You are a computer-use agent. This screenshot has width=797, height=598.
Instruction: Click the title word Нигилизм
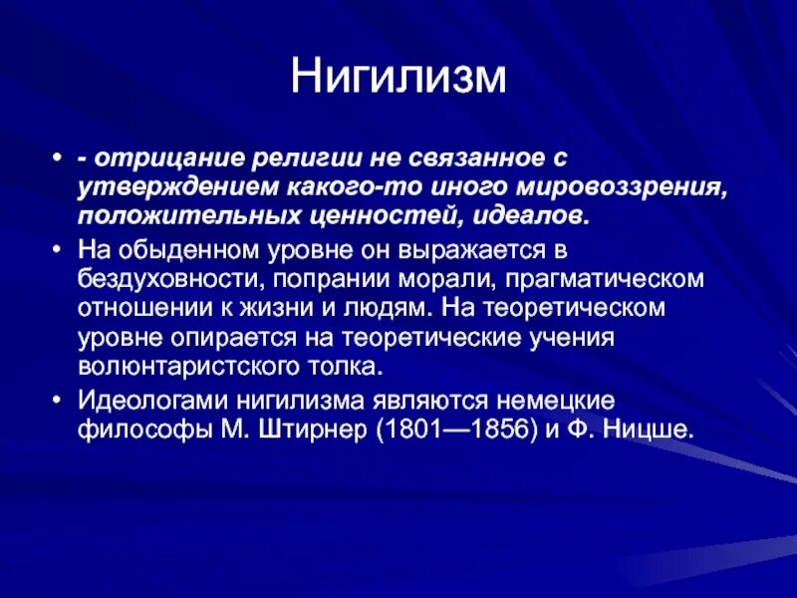pos(398,79)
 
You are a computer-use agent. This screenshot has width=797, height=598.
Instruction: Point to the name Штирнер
pos(313,430)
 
